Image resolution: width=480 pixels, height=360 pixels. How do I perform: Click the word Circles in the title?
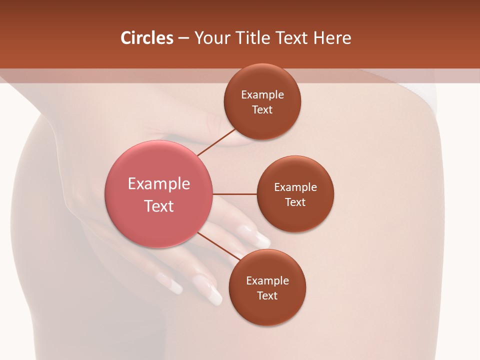point(147,38)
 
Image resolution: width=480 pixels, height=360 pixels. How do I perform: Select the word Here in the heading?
point(332,38)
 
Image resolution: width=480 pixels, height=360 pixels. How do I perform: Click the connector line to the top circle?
point(216,142)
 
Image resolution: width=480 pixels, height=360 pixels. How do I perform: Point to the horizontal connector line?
point(234,194)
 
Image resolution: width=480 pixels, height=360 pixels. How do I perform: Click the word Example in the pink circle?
point(159,183)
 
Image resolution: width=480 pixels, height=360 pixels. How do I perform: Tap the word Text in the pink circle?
point(159,206)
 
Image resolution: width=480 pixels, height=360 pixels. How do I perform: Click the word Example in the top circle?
point(262,94)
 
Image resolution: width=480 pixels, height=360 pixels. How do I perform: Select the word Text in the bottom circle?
point(267,295)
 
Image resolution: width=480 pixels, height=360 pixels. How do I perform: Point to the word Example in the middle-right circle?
point(295,187)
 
